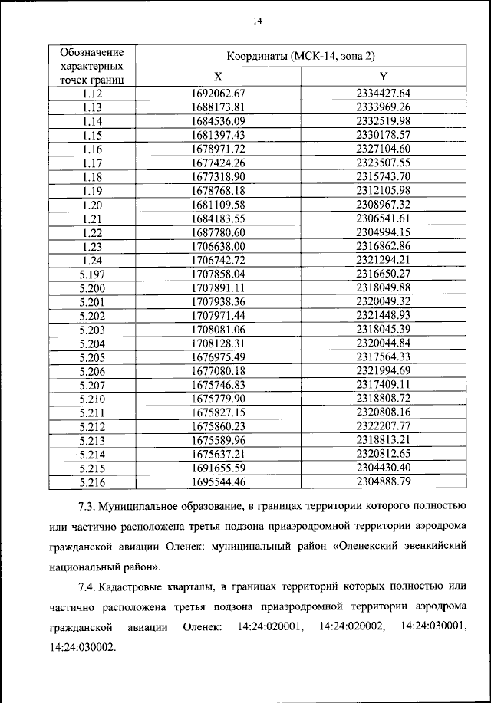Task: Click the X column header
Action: pyautogui.click(x=218, y=77)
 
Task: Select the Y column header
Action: pyautogui.click(x=384, y=77)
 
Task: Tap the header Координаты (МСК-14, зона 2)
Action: pyautogui.click(x=301, y=57)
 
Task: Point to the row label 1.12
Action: pyautogui.click(x=91, y=94)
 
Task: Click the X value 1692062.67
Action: pyautogui.click(x=218, y=94)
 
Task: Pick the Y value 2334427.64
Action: pyautogui.click(x=384, y=94)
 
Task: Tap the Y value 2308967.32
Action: pyautogui.click(x=384, y=204)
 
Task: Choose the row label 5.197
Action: pyautogui.click(x=91, y=273)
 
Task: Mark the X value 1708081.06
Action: pyautogui.click(x=218, y=329)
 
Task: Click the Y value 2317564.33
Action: pyautogui.click(x=384, y=356)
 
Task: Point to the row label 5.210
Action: pyautogui.click(x=91, y=399)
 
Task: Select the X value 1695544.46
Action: pyautogui.click(x=218, y=481)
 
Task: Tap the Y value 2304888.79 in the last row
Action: pyautogui.click(x=384, y=481)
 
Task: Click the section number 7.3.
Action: pyautogui.click(x=88, y=508)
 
